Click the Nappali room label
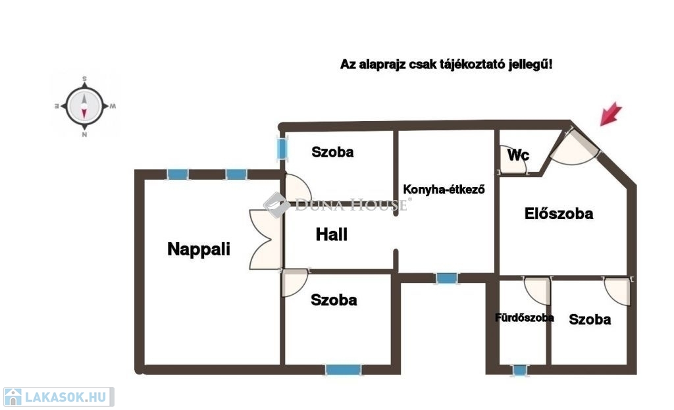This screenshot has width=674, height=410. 199,249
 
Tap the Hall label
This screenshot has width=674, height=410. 332,234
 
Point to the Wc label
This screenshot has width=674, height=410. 518,156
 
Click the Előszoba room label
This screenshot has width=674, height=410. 559,213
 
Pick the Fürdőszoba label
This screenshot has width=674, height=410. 524,318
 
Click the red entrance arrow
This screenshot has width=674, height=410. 611,113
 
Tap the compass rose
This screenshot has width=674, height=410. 85,106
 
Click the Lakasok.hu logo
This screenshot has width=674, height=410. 58,397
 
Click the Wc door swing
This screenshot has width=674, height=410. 517,166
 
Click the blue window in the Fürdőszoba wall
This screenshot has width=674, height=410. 520,371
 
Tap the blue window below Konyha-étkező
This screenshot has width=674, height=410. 447,278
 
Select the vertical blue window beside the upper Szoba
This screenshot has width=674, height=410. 282,149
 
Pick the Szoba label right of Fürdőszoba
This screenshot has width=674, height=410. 590,320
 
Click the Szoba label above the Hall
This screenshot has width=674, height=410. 332,152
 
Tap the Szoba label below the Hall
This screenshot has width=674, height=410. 334,300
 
